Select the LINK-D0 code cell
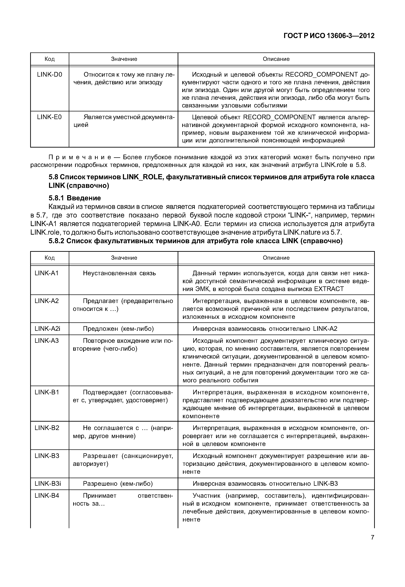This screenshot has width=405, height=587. pos(50,74)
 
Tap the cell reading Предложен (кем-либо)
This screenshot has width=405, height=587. pos(118,329)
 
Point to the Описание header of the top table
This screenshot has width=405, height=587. pos(276,59)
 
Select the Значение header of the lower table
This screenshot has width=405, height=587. pos(124,258)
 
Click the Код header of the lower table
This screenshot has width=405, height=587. pos(50,258)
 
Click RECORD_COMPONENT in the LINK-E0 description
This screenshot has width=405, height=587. pos(279,117)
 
